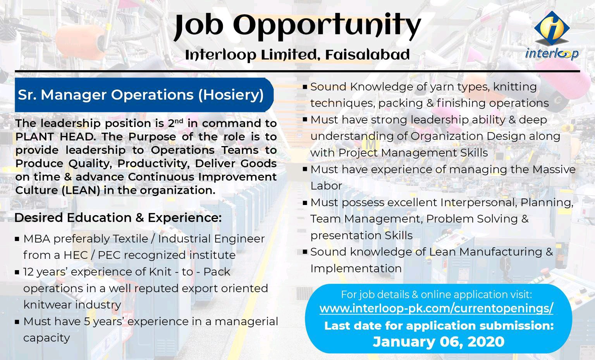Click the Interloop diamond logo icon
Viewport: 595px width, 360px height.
click(x=552, y=28)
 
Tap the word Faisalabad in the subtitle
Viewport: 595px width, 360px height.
click(x=367, y=55)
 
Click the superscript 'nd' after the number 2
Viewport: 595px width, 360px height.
click(x=179, y=121)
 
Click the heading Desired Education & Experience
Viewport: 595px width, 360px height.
click(x=118, y=218)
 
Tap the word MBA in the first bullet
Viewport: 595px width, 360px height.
click(x=36, y=239)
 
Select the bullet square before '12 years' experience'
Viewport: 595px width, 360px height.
click(x=17, y=272)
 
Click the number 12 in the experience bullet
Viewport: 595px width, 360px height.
click(x=29, y=272)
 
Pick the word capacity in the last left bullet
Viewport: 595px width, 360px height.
click(x=46, y=338)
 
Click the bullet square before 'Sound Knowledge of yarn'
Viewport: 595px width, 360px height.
click(x=305, y=87)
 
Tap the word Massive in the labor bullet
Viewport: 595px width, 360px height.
click(x=554, y=169)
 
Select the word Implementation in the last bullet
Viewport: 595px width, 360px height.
click(x=356, y=268)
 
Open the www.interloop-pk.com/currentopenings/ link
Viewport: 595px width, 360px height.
click(x=436, y=308)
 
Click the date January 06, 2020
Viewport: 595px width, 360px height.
click(x=439, y=342)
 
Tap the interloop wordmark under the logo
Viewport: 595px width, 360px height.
click(x=552, y=53)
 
